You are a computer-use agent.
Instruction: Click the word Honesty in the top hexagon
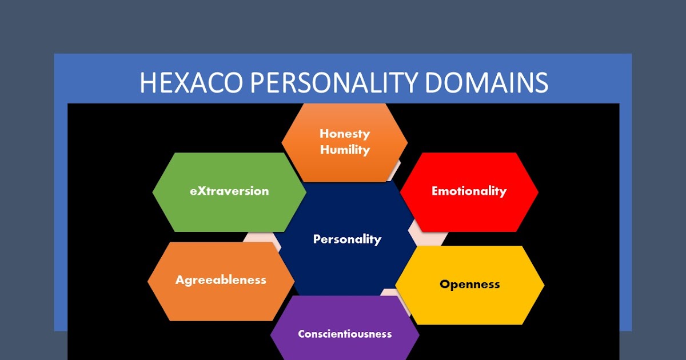(x=345, y=134)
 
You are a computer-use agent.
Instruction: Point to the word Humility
(x=345, y=150)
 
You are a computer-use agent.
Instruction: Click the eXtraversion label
(x=229, y=191)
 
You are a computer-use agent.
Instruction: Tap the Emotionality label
(x=469, y=191)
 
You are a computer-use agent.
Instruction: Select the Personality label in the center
(x=347, y=239)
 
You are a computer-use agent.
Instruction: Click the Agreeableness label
(x=221, y=280)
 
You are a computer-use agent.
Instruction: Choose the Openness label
(x=469, y=284)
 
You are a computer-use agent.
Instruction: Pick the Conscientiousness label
(x=345, y=334)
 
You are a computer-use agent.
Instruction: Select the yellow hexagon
(x=469, y=306)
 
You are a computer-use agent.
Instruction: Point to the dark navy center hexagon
(x=347, y=263)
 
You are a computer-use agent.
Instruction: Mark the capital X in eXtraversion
(x=200, y=191)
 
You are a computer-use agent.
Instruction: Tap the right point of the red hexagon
(x=537, y=192)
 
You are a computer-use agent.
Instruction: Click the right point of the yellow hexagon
(x=543, y=285)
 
